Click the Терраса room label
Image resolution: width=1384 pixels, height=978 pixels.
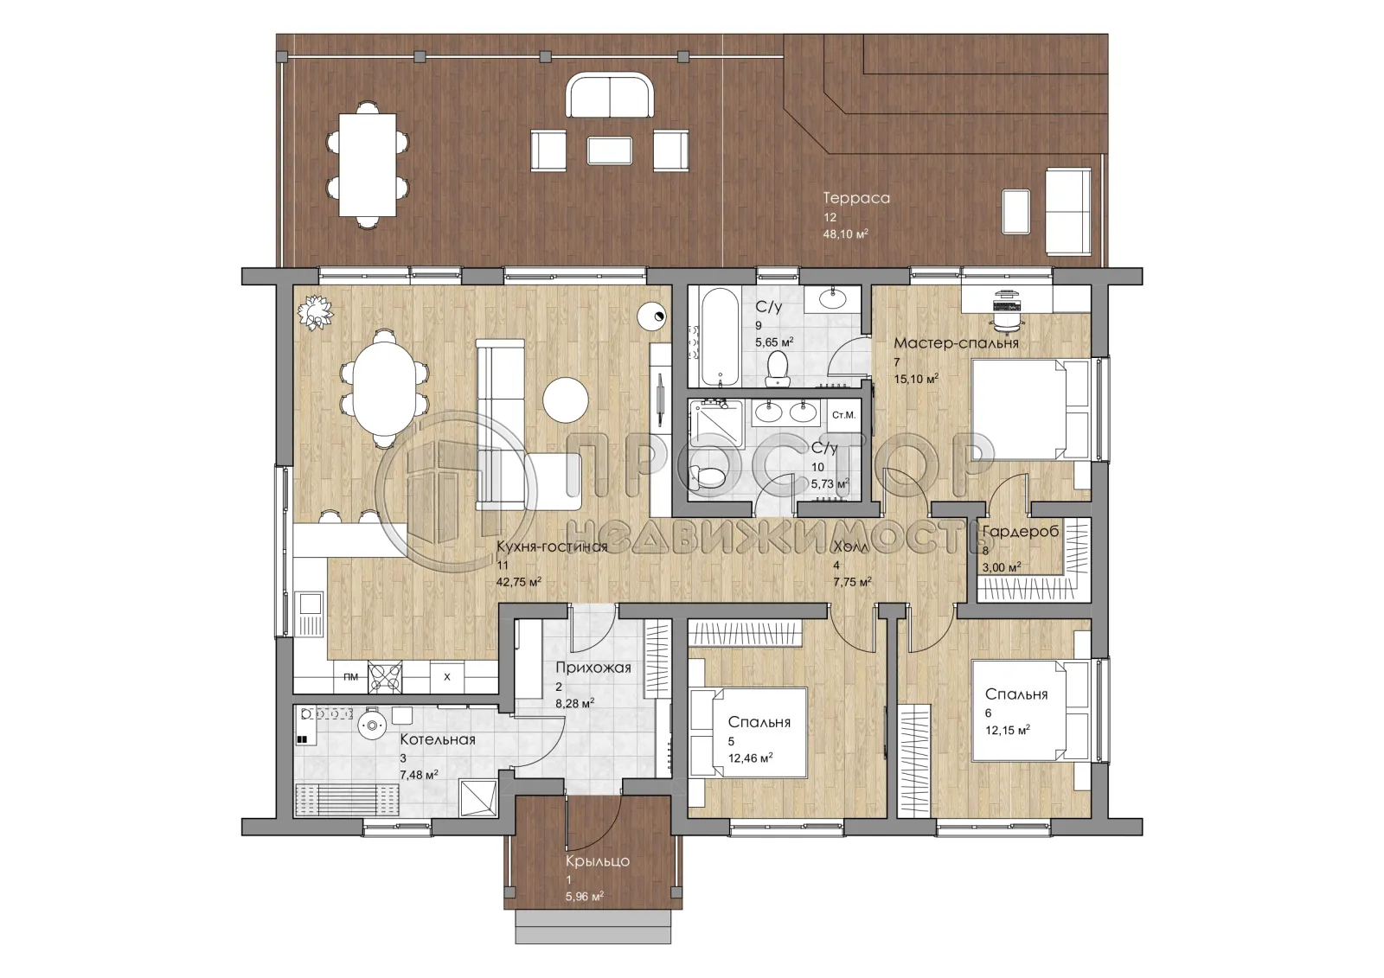856,198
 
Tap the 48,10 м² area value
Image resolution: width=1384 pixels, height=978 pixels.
845,234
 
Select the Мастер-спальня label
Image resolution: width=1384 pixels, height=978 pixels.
956,343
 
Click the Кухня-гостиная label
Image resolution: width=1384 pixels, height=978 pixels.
552,547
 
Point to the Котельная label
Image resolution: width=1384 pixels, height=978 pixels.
438,739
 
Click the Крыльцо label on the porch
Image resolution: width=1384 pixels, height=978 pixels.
598,861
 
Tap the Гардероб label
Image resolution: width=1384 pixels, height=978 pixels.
1020,531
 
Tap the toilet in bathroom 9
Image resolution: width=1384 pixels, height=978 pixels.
777,369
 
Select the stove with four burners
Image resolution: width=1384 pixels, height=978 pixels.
385,677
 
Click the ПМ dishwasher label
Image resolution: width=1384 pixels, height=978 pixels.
350,676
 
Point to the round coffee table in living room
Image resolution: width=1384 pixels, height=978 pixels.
566,400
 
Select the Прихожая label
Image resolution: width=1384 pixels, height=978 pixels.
593,668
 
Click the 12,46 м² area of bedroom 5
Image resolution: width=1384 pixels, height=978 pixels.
750,757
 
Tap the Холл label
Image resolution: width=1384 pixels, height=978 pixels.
851,547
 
